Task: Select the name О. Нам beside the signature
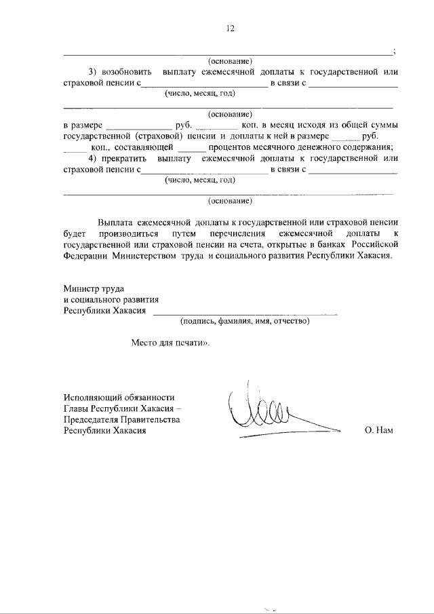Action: click(x=378, y=430)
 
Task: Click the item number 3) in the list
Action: click(x=95, y=72)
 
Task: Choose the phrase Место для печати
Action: click(x=170, y=343)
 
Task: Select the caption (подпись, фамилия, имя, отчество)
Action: click(x=245, y=321)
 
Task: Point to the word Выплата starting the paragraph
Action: click(x=114, y=223)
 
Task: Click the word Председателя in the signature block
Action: click(x=92, y=419)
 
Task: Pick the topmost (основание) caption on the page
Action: click(x=230, y=61)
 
